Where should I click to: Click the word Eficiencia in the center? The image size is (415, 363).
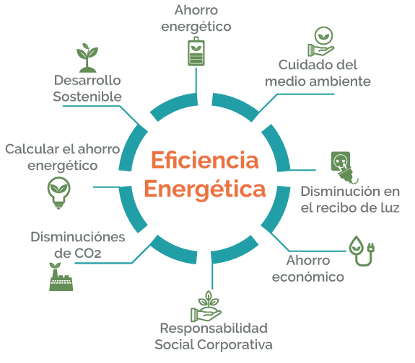click(x=205, y=160)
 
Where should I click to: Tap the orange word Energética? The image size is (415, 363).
click(x=205, y=189)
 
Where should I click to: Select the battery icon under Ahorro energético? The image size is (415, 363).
click(x=196, y=51)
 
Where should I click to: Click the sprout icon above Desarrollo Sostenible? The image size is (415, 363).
click(x=87, y=58)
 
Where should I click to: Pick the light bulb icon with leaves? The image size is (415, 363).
click(x=58, y=193)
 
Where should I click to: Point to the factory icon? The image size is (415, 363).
click(x=61, y=277)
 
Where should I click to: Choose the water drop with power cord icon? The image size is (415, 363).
click(x=362, y=251)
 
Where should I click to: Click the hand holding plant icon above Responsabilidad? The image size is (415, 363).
click(x=206, y=307)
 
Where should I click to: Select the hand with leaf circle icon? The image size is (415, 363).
click(x=321, y=41)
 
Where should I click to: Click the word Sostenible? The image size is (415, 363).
click(x=87, y=97)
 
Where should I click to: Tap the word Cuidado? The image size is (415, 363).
click(x=301, y=65)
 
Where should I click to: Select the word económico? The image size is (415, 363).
click(x=308, y=277)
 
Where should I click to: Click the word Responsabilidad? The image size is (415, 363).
click(x=214, y=329)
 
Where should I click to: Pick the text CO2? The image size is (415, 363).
click(x=87, y=253)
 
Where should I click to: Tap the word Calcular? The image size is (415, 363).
click(x=32, y=149)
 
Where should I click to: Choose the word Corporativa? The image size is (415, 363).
click(x=235, y=345)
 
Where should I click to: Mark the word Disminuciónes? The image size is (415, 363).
click(x=78, y=237)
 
